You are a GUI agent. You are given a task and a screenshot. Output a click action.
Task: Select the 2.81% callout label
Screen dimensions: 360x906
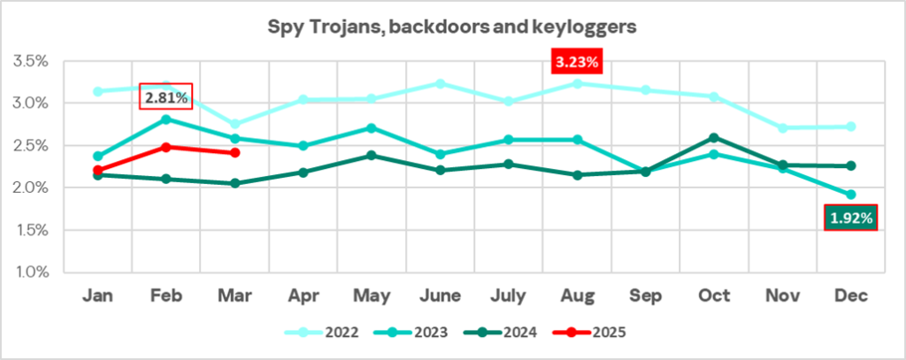166,96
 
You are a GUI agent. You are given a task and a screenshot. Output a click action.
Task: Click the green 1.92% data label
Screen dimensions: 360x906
850,217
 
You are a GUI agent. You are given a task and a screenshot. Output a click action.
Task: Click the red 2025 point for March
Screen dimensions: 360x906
234,153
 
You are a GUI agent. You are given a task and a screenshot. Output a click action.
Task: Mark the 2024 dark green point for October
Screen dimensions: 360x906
713,138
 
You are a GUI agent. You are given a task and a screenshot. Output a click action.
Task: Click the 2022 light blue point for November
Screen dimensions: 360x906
780,128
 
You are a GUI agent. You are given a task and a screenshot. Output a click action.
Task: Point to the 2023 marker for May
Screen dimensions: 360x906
372,128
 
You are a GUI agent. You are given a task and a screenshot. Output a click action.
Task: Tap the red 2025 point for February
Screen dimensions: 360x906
166,147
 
